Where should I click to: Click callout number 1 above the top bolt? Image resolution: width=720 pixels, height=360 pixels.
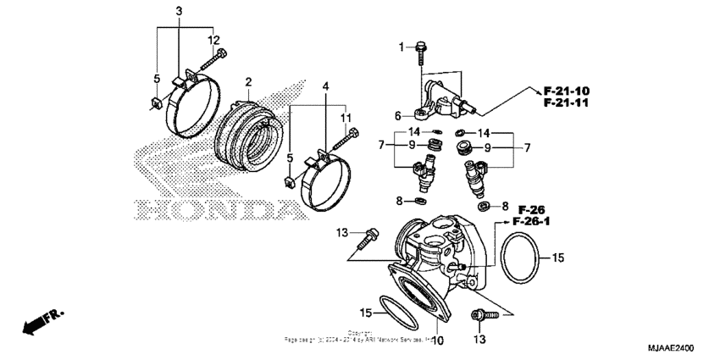pos(402,47)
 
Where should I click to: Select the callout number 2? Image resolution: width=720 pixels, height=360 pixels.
pos(248,82)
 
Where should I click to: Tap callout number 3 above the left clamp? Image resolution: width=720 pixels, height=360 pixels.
pos(179,11)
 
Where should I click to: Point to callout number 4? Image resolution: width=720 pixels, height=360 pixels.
pos(326,86)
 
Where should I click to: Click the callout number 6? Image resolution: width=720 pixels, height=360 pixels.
pos(396,115)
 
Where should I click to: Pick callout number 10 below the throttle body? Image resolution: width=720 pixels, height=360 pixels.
pos(438,341)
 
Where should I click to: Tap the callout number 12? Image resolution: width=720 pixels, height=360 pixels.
pos(213,40)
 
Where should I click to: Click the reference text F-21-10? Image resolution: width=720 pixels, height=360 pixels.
pos(567,91)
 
